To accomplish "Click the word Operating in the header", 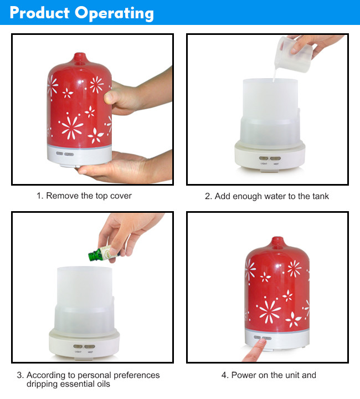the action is coord(114,13).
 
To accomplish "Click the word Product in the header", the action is coord(40,12).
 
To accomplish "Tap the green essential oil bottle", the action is coord(102,253).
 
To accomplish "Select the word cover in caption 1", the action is coord(121,196).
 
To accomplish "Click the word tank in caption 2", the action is coord(320,196).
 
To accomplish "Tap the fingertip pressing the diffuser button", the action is coord(263,342).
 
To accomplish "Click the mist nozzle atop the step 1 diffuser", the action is coord(80,58).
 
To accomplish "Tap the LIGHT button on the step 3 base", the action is coord(78,346).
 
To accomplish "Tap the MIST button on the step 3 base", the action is coord(90,346).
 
